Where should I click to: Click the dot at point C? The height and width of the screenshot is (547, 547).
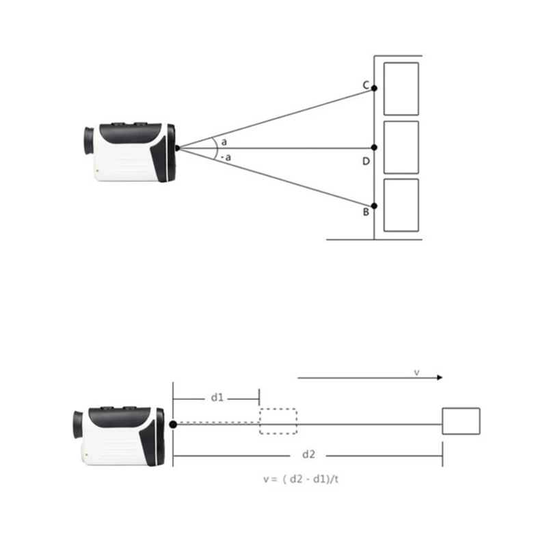coord(374,88)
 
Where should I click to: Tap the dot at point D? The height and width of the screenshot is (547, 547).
coord(374,148)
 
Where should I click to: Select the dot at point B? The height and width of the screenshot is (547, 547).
coord(374,206)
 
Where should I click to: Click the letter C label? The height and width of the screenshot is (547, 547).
coord(366,85)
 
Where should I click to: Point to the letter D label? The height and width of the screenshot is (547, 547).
coord(366,161)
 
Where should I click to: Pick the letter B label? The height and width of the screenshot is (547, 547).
coord(366,212)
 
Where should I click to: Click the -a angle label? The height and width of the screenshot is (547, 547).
coord(226,157)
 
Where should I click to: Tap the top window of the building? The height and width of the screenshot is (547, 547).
coord(401,89)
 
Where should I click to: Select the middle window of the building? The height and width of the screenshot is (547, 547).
coord(401,147)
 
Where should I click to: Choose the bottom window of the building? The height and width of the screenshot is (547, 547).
coord(401,205)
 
